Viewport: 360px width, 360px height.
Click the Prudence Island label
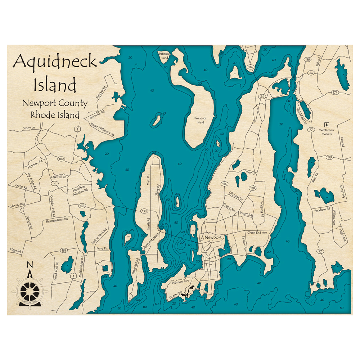[x=201, y=120]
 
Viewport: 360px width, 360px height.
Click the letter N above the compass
[x=30, y=265]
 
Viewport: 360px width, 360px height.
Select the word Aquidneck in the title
[x=55, y=62]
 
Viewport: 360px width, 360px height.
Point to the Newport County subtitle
[x=55, y=103]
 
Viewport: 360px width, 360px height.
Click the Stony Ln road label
[x=29, y=128]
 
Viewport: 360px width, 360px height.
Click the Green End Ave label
[x=257, y=233]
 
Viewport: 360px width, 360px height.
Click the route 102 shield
[x=61, y=159]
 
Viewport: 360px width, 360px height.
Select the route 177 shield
[x=335, y=93]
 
